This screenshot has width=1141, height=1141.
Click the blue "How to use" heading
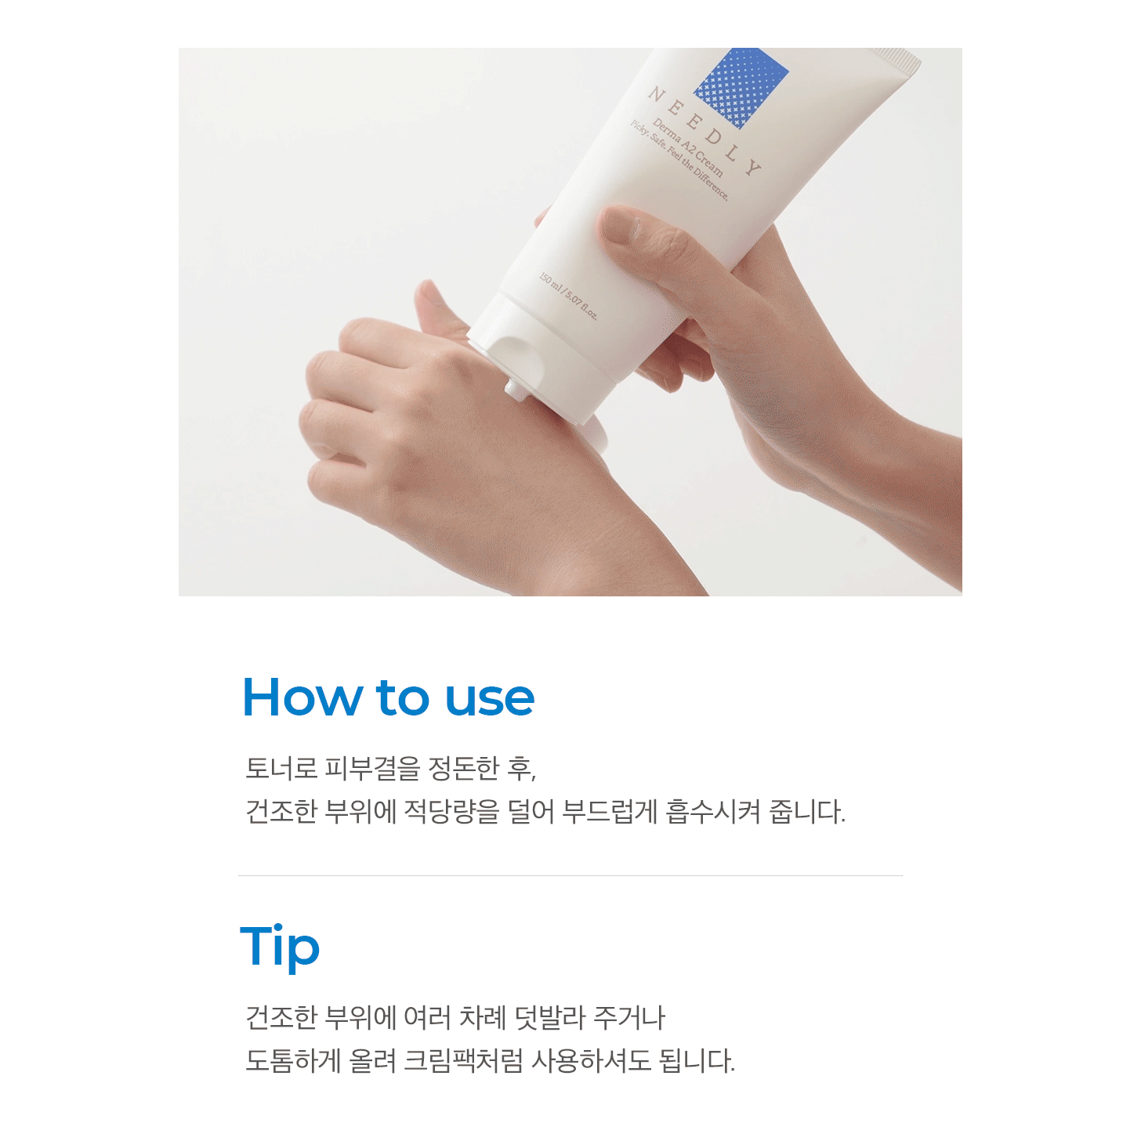coord(389,697)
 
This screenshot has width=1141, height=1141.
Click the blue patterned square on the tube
coord(741,86)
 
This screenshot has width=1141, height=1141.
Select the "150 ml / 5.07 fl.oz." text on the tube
coord(568,295)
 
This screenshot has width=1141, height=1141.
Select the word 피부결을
coord(372,768)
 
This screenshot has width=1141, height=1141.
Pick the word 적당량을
coord(451,811)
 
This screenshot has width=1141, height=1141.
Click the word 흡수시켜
coord(713,811)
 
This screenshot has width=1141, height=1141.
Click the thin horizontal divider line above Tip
coord(570,875)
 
